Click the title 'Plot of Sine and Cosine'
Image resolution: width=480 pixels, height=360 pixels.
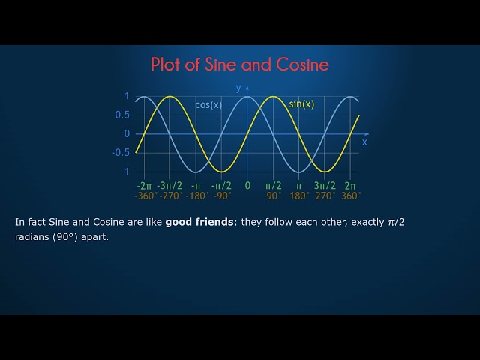pos(240,64)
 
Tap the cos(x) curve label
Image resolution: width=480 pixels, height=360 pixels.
pos(208,105)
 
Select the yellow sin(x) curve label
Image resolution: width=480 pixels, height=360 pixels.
pos(301,104)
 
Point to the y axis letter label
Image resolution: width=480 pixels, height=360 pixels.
pos(238,88)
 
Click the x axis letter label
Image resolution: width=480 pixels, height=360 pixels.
pos(364,142)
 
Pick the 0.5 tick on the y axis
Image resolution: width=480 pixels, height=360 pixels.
pos(122,115)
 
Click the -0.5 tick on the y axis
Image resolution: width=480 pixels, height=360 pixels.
pos(121,152)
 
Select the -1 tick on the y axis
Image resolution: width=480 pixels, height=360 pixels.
pos(124,171)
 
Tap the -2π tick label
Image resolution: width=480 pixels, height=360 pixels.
pos(144,185)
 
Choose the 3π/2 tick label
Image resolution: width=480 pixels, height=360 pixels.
pos(325,185)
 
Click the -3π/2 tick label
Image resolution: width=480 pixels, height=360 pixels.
pos(169,185)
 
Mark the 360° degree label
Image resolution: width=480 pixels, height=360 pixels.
pos(350,196)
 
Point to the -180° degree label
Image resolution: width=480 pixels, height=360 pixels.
pos(196,196)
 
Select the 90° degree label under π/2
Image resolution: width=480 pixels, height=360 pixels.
pos(274,196)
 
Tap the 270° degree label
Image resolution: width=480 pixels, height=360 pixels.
pos(325,196)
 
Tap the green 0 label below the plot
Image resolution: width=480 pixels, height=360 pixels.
pos(247,185)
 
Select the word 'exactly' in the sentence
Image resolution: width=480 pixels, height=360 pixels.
pos(367,223)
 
